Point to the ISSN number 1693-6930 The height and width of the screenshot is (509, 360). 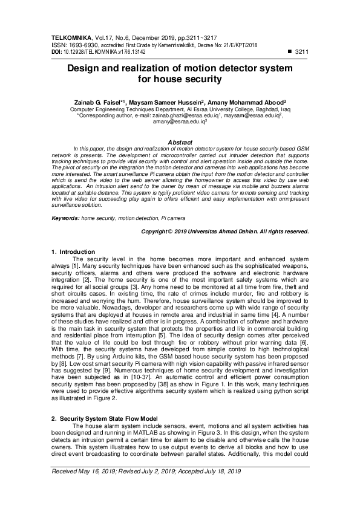click(85, 45)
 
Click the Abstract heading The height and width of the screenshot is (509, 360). click(180, 142)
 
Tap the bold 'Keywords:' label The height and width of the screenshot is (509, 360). click(66, 216)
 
